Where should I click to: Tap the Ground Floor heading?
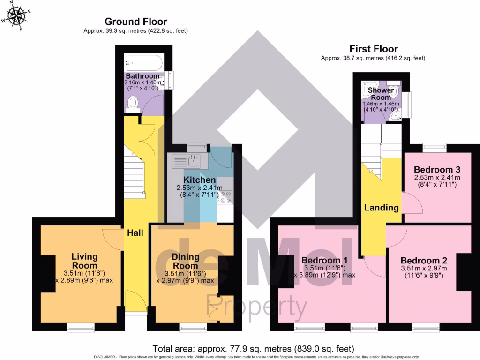click(x=135, y=22)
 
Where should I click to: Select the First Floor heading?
click(x=373, y=49)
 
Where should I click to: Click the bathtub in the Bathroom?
click(x=143, y=62)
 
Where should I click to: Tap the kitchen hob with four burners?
click(x=225, y=197)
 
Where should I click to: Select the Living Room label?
click(x=84, y=261)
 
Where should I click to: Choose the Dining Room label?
click(x=185, y=261)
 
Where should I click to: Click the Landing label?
click(x=382, y=208)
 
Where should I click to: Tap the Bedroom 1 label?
click(x=324, y=261)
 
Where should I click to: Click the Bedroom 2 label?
click(x=424, y=261)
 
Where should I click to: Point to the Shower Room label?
click(x=381, y=94)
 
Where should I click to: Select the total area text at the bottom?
click(x=253, y=349)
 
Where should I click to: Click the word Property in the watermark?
click(x=257, y=307)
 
